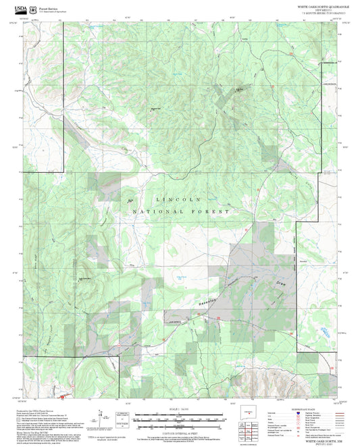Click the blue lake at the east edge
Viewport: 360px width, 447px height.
[x=325, y=331]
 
